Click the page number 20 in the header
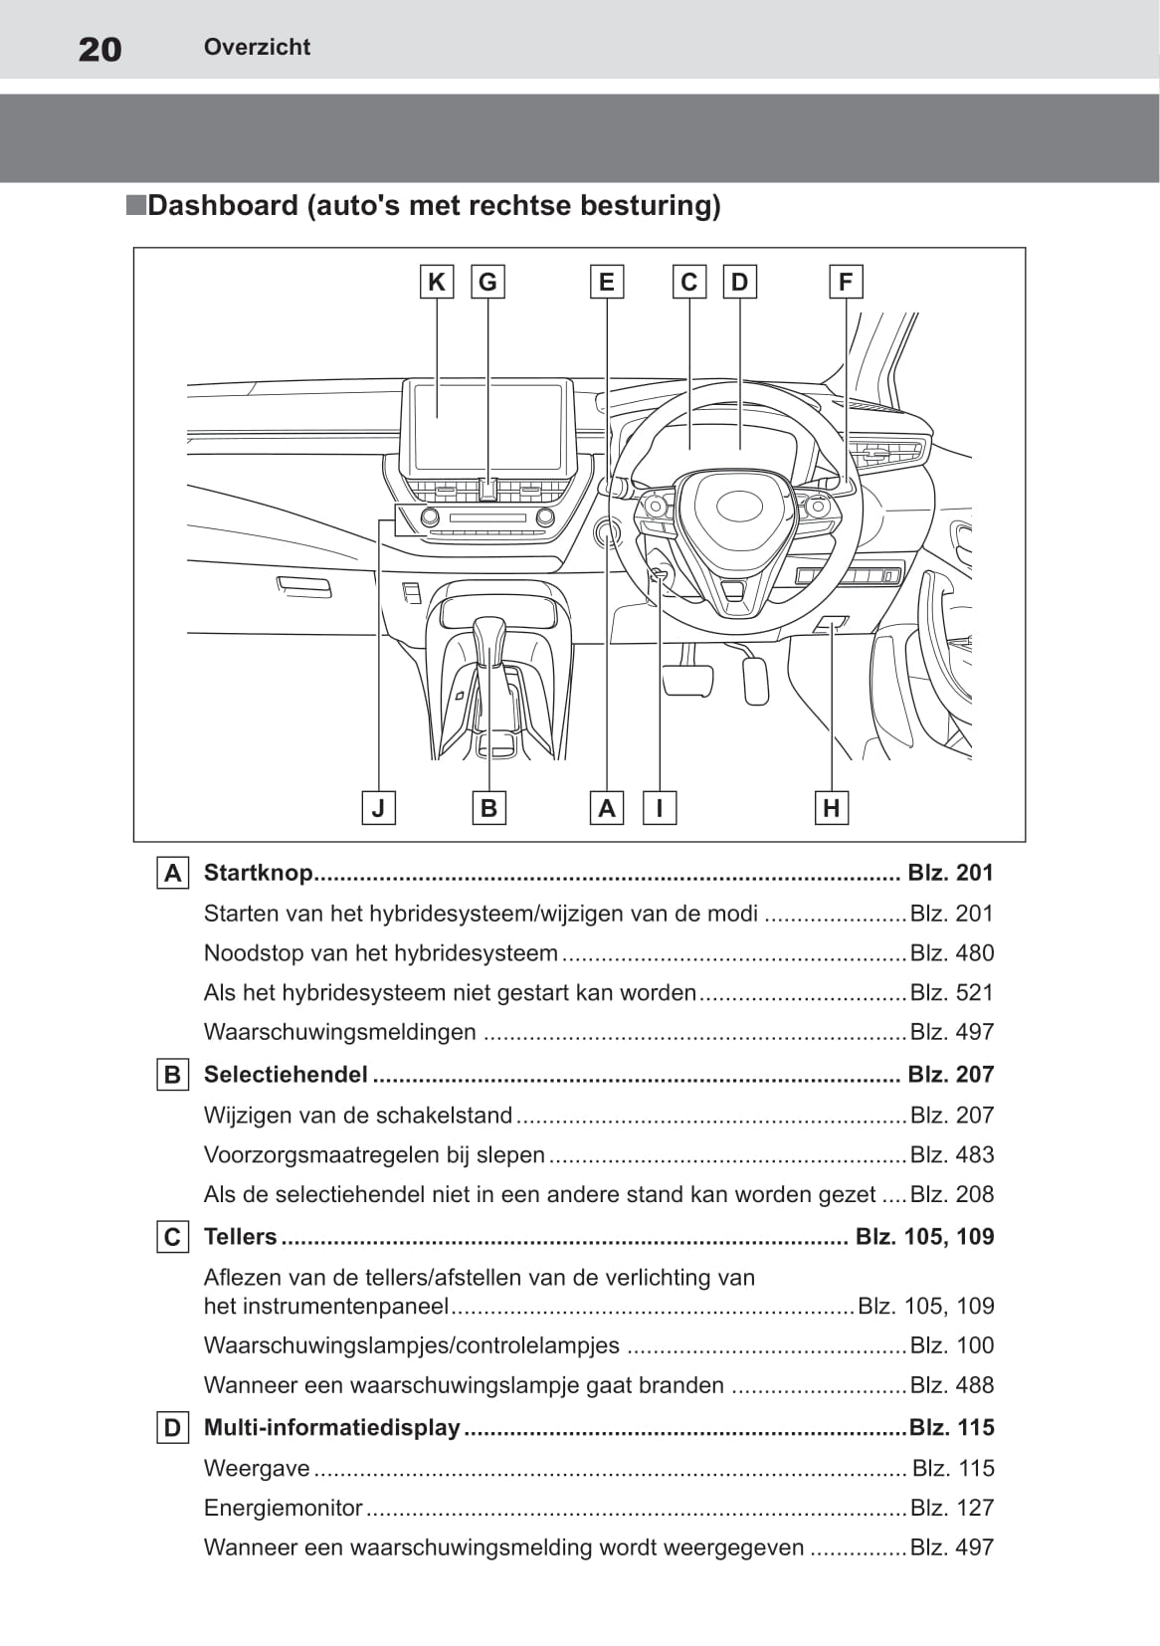(99, 49)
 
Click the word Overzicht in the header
(257, 47)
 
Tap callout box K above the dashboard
(437, 282)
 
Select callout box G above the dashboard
(487, 282)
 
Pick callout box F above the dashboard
(846, 282)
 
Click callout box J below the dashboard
(378, 807)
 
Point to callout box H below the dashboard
(832, 807)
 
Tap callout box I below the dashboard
(660, 807)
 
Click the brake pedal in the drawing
(687, 679)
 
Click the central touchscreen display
(487, 426)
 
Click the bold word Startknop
(259, 872)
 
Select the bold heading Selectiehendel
(286, 1075)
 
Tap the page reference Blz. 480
(952, 953)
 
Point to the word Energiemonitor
(283, 1508)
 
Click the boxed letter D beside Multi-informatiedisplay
(173, 1428)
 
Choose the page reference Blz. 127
(952, 1508)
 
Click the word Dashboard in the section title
(223, 205)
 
